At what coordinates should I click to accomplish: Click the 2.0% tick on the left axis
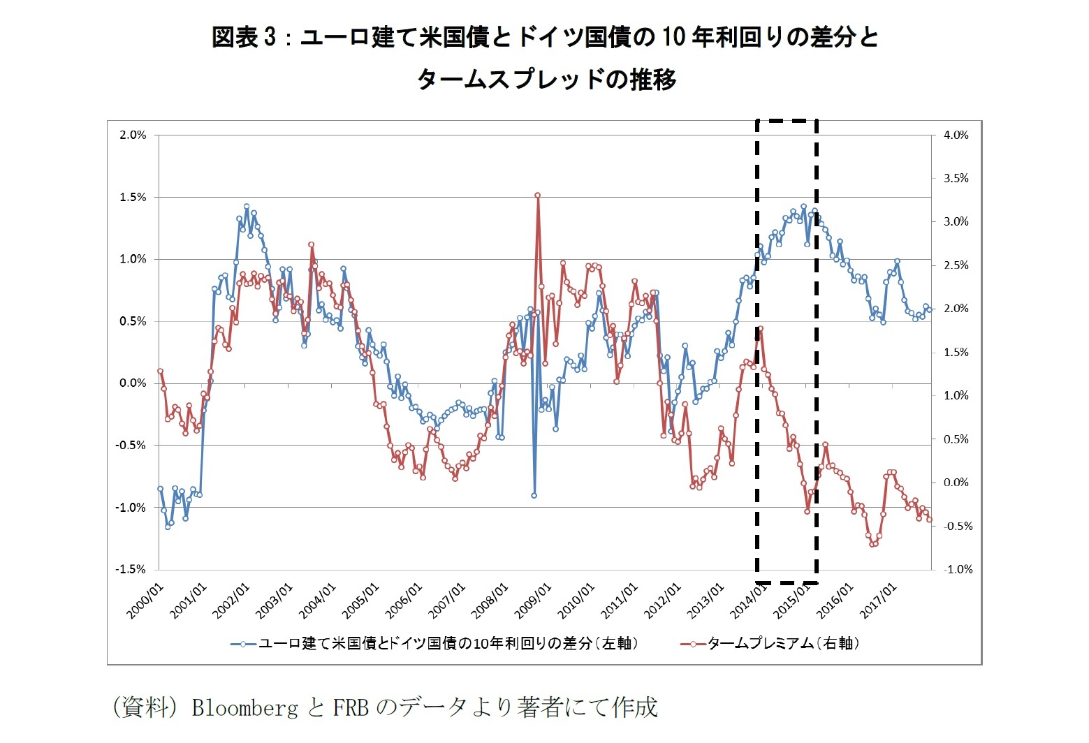coord(133,135)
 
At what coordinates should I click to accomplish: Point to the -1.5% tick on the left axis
coord(131,570)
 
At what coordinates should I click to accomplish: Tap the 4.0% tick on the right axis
coord(956,135)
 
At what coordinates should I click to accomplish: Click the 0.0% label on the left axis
coord(133,383)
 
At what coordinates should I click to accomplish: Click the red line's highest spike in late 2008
coord(537,196)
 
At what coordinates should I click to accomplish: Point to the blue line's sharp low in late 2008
coord(534,495)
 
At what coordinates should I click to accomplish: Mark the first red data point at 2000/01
coord(160,371)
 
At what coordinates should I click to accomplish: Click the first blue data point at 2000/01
coord(160,489)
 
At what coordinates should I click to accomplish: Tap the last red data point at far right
coord(929,520)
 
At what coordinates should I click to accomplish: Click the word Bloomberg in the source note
coord(244,708)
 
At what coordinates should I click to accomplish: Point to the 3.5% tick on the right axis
coord(956,179)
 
